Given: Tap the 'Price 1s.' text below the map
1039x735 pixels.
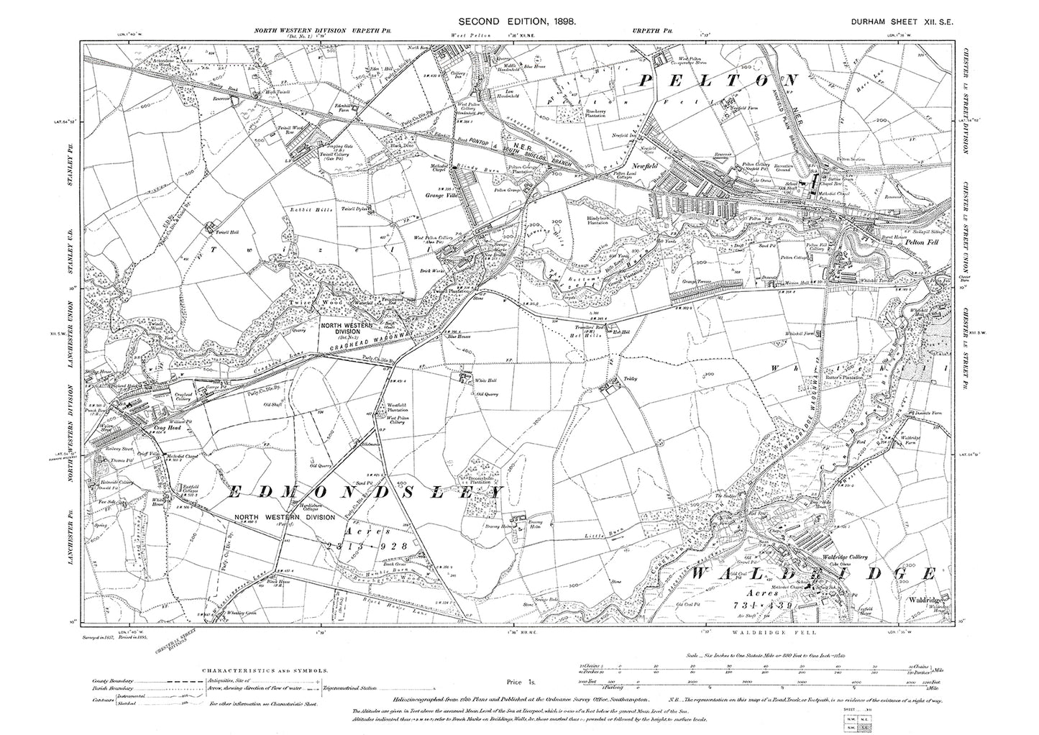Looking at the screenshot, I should click(518, 681).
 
